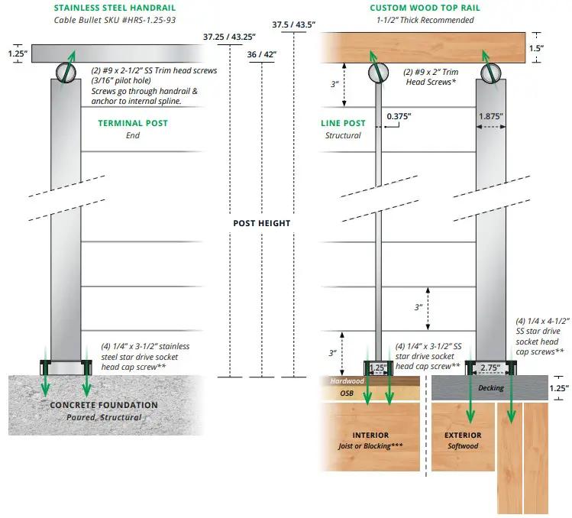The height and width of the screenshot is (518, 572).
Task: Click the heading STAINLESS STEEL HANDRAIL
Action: click(110, 8)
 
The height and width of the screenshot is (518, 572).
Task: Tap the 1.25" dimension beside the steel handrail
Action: click(16, 54)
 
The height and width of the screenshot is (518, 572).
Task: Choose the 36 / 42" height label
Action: click(262, 55)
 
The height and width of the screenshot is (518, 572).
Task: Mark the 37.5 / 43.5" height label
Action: click(293, 24)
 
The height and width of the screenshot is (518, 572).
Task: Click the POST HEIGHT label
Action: click(262, 223)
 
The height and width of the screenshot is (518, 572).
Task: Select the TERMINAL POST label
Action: click(132, 123)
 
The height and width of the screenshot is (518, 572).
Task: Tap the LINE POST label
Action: click(343, 123)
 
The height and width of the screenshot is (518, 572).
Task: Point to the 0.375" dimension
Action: click(399, 117)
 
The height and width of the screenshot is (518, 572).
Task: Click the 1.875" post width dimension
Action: click(491, 117)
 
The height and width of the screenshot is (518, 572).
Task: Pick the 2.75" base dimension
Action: click(491, 368)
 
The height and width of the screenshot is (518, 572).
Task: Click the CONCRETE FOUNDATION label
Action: click(104, 405)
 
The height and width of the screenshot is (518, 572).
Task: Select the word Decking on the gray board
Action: click(491, 388)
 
